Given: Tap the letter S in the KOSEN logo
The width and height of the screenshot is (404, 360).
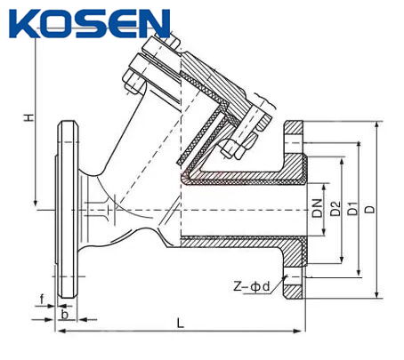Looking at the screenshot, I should click(x=90, y=22).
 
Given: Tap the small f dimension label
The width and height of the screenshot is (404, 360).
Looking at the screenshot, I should click(x=42, y=298).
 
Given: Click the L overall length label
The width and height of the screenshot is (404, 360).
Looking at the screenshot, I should click(x=181, y=323).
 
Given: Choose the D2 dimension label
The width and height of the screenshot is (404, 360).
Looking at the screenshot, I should click(x=335, y=211).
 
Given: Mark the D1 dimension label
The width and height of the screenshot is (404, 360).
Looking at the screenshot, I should click(x=353, y=211).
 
